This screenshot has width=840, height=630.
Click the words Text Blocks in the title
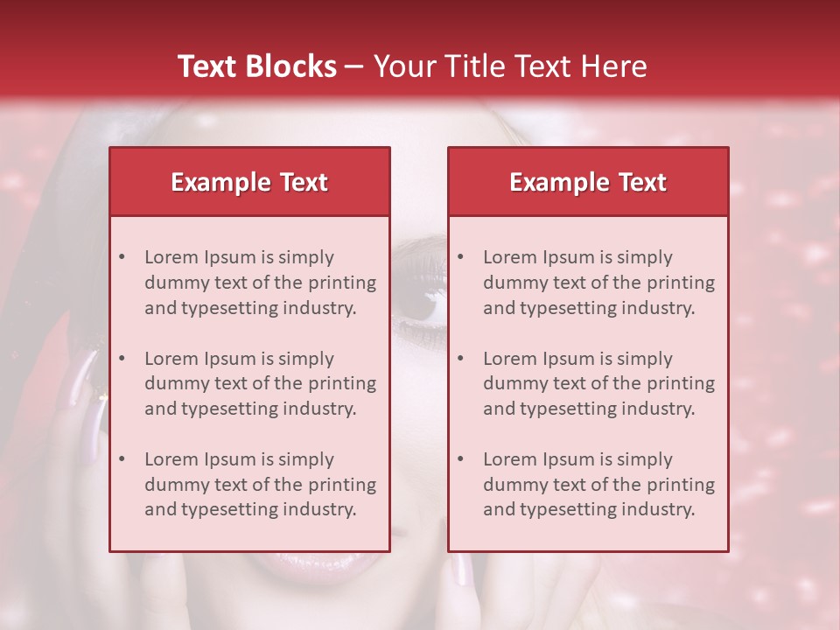pyautogui.click(x=256, y=66)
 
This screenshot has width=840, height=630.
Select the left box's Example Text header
pyautogui.click(x=249, y=182)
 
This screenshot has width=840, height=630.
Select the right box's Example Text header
pyautogui.click(x=588, y=182)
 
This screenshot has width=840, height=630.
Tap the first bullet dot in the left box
pyautogui.click(x=122, y=257)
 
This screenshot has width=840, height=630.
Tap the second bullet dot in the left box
pyautogui.click(x=122, y=359)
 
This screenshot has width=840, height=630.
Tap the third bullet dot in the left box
pyautogui.click(x=122, y=459)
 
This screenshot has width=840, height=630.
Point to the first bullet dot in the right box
pyautogui.click(x=460, y=257)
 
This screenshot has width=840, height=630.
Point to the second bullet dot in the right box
pyautogui.click(x=460, y=359)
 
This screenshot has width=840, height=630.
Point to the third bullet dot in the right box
pyautogui.click(x=460, y=459)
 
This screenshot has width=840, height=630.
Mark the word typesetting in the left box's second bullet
pyautogui.click(x=224, y=409)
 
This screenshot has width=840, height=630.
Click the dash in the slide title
pyautogui.click(x=354, y=66)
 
